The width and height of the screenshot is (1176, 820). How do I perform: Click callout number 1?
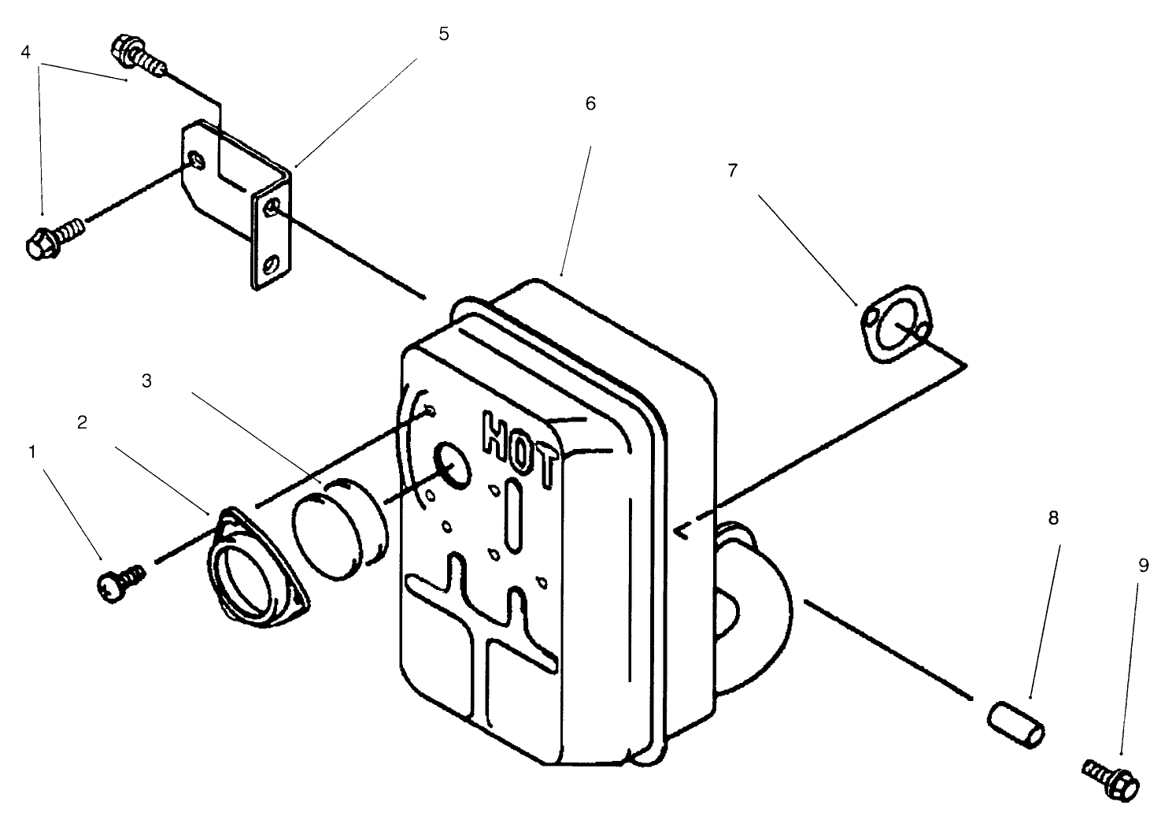tap(32, 452)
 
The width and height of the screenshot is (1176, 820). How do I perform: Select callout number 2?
tap(82, 422)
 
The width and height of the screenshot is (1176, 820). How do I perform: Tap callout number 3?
tap(146, 380)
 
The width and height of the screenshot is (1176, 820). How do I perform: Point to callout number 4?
tap(26, 52)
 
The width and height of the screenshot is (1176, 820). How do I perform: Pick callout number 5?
tap(444, 35)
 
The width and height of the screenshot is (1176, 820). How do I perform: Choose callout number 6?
tap(590, 104)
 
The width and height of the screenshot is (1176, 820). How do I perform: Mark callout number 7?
tap(732, 170)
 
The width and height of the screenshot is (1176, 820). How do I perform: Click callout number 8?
tap(1053, 518)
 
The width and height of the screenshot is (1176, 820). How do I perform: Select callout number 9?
tap(1143, 566)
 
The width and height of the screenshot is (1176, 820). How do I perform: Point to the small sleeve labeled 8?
tap(1015, 723)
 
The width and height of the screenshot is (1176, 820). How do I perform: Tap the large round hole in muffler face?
tap(451, 462)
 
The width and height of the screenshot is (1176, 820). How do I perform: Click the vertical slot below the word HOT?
tap(512, 516)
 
